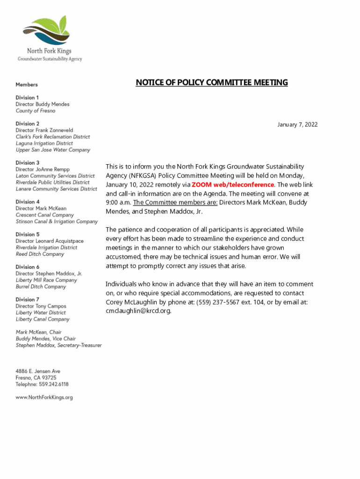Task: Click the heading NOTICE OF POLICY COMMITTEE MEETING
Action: point(212,83)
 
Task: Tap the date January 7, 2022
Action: point(297,124)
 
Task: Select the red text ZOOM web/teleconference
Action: point(233,184)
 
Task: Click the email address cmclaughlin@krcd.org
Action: point(138,311)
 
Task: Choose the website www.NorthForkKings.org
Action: point(44,398)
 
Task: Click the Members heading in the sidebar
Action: point(27,85)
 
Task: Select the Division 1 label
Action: point(28,98)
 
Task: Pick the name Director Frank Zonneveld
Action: point(44,130)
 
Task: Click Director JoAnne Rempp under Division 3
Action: point(43,169)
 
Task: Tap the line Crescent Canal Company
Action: point(45,215)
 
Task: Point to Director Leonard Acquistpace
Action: point(50,241)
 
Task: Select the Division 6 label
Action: point(28,267)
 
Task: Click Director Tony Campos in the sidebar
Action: point(41,306)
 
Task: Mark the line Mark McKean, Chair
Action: point(39,332)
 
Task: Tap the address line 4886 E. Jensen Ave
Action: point(38,371)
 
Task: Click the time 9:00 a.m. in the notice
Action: point(118,203)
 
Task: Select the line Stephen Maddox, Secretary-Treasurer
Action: point(58,345)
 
